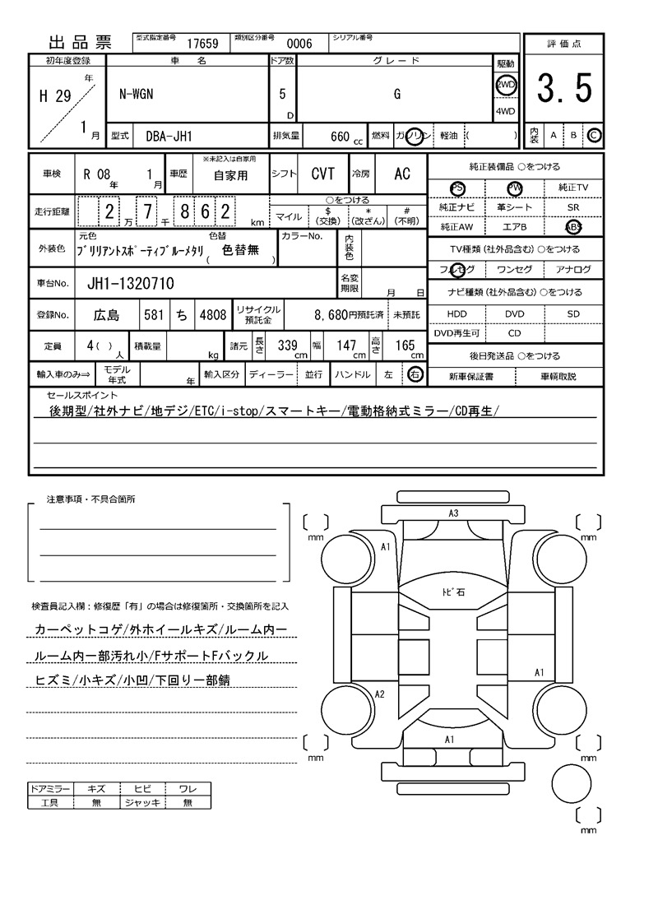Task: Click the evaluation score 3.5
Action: (x=564, y=89)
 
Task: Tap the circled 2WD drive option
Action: (x=505, y=85)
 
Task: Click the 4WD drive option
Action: (x=505, y=112)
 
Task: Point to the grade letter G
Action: (x=397, y=94)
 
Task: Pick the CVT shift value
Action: (x=322, y=174)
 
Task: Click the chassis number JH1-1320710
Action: (x=130, y=284)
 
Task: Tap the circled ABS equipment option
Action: (x=573, y=227)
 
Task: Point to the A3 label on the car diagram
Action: (x=452, y=513)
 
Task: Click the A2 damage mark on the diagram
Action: (x=379, y=694)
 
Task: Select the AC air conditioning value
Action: (x=402, y=174)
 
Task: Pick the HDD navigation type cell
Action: (x=456, y=314)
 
